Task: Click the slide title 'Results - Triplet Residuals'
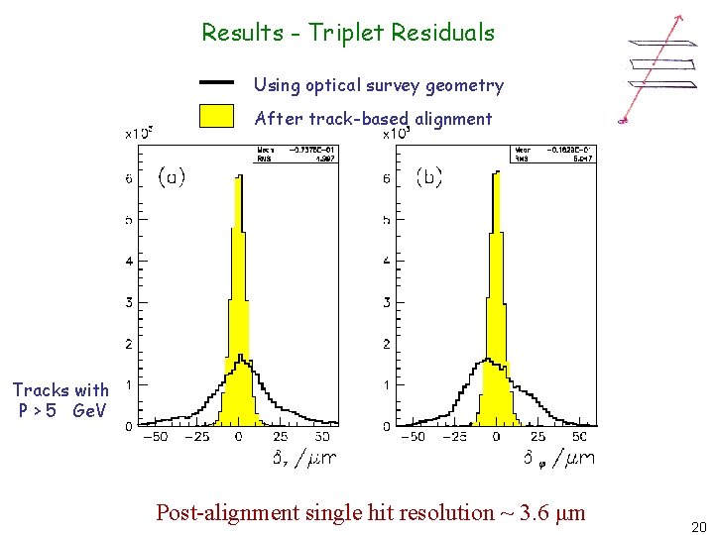coord(348,33)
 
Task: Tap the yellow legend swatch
coord(216,117)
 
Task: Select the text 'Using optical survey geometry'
coord(379,85)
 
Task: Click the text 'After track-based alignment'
coord(373,119)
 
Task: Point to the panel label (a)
coord(172,177)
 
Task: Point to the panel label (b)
coord(428,177)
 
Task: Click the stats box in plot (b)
coord(551,155)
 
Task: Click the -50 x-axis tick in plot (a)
coord(156,436)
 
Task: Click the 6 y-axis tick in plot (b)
coord(387,179)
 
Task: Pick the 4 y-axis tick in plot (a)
coord(129,262)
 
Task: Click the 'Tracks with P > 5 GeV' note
coord(60,399)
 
